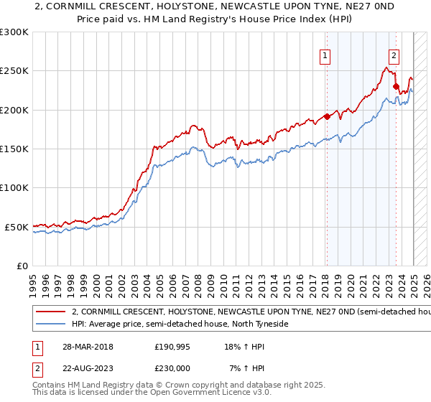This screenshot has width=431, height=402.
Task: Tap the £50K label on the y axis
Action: pyautogui.click(x=17, y=227)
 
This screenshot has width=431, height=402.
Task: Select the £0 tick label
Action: pyautogui.click(x=23, y=266)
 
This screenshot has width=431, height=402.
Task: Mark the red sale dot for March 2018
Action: pyautogui.click(x=327, y=116)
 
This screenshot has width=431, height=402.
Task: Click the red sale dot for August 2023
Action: pyautogui.click(x=396, y=86)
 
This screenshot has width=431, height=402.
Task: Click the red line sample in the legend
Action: pyautogui.click(x=50, y=312)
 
